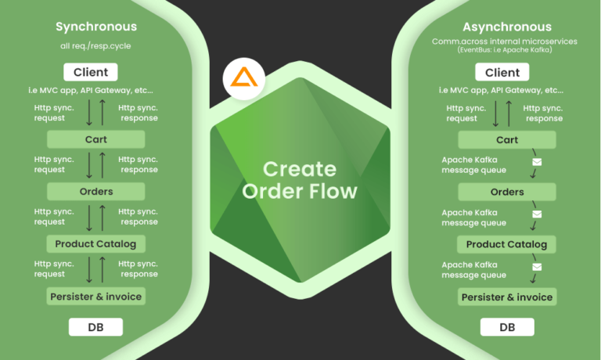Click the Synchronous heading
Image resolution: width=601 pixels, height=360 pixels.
tap(96, 27)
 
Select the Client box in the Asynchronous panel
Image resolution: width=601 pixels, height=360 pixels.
tap(502, 73)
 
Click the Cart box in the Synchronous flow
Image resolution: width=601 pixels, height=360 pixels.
tap(95, 139)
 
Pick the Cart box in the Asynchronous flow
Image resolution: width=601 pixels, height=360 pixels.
tap(507, 140)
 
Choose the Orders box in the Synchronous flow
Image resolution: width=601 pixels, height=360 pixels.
tap(95, 191)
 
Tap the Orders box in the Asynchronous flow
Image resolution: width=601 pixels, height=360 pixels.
tap(507, 192)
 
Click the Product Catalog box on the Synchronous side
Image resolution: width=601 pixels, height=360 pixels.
tap(95, 243)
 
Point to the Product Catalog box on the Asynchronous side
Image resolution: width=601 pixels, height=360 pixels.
tap(507, 244)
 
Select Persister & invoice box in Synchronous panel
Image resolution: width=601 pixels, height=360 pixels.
tap(95, 296)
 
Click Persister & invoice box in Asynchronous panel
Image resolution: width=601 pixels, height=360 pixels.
tap(507, 297)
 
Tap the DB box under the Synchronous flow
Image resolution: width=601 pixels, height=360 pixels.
tap(95, 326)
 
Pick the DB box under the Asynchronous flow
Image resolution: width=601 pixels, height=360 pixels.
tap(507, 326)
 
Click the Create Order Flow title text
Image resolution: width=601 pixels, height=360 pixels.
tap(300, 180)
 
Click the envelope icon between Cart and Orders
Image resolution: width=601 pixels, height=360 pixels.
tap(537, 163)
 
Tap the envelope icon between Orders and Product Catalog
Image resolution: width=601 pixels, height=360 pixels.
tap(537, 214)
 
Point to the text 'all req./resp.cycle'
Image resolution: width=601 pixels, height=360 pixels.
tap(96, 46)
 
